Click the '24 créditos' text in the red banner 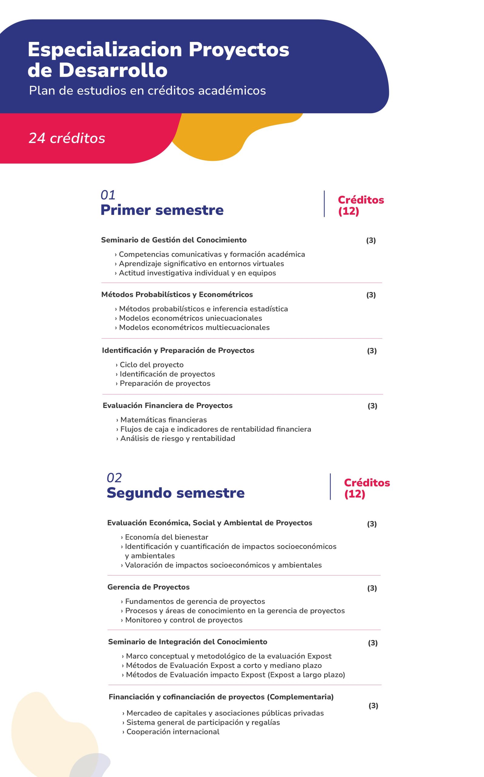tap(67, 138)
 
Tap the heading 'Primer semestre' tap(162, 210)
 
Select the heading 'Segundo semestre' tap(175, 493)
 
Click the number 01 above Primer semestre tap(108, 195)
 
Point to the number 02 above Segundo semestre tap(114, 478)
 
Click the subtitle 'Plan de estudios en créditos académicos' tap(147, 91)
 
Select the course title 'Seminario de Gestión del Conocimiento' tap(174, 240)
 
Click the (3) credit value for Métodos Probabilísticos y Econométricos tap(371, 295)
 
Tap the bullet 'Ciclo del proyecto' tap(151, 365)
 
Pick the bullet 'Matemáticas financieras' tap(163, 420)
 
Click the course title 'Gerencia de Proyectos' tap(149, 587)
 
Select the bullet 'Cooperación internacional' tap(173, 732)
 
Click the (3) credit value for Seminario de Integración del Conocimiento tap(373, 643)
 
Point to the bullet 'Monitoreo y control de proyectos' tap(184, 620)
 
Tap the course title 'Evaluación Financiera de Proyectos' tap(167, 406)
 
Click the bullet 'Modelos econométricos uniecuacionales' tap(190, 318)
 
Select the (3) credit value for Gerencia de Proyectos tap(372, 588)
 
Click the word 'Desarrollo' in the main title tap(113, 70)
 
